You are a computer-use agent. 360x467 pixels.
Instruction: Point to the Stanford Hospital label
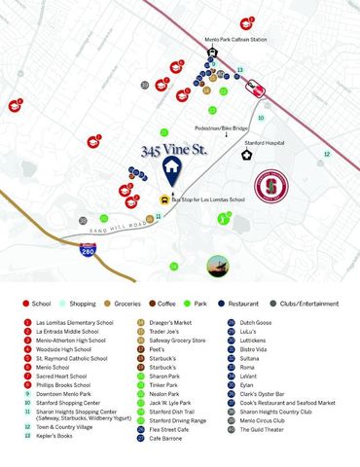pos(263,142)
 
